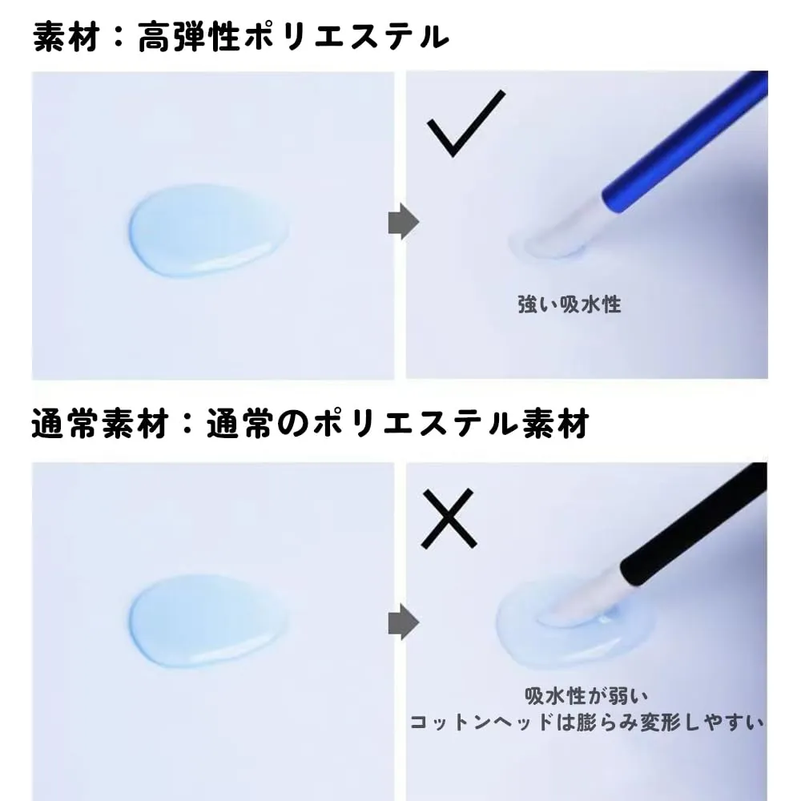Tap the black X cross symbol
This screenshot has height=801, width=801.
coord(449,518)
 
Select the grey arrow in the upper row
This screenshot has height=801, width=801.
coord(404,222)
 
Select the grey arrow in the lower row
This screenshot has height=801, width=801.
coord(404,622)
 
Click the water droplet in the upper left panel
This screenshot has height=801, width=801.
coord(208,231)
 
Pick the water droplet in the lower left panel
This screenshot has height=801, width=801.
coord(207,622)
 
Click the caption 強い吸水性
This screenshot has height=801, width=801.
coord(570,304)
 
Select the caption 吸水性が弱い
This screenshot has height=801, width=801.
coord(586,695)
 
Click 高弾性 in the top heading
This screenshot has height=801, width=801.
coord(189,37)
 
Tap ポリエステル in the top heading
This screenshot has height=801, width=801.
coord(346,37)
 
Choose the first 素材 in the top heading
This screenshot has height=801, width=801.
coord(66,37)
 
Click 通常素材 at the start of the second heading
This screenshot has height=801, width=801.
coord(100,423)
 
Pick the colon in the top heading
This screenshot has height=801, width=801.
coord(119,38)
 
